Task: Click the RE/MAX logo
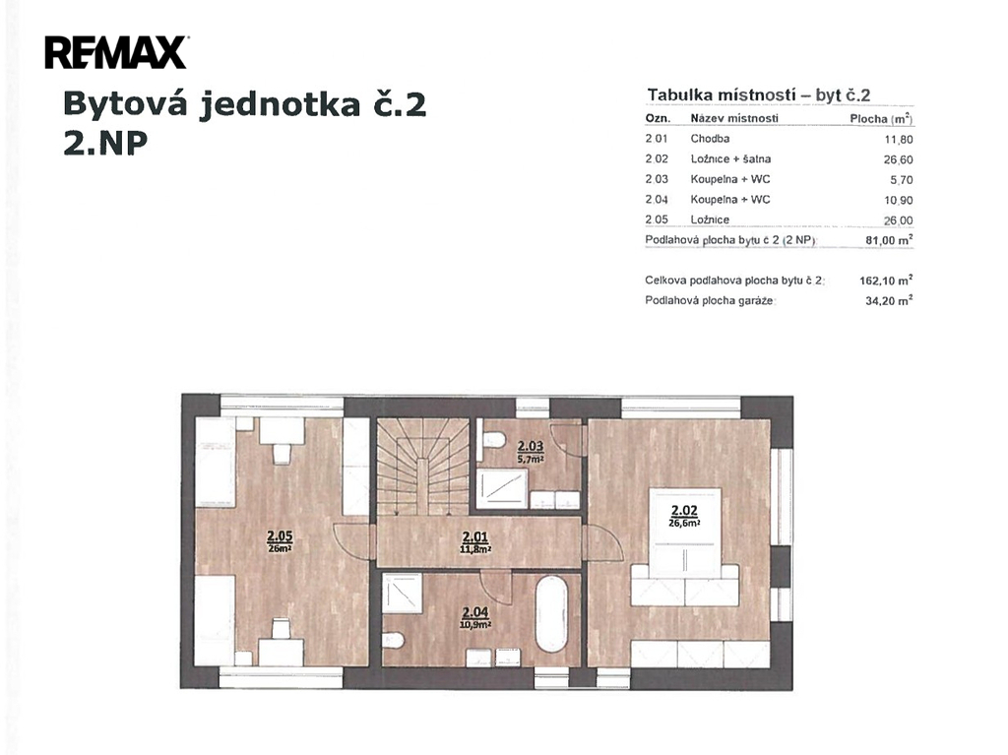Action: pos(116,53)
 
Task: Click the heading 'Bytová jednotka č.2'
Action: pos(245,104)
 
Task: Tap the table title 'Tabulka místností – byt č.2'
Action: pos(759,95)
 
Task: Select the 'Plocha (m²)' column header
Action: pos(881,119)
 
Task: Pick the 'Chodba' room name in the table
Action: pos(710,138)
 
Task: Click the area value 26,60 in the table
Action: pos(898,159)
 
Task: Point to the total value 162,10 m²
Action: pos(886,281)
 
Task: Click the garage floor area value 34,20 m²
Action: pos(889,300)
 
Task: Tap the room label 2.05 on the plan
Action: pos(280,535)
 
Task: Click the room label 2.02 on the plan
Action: pos(684,511)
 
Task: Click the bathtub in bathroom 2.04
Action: pos(551,615)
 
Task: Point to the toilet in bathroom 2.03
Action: pos(494,441)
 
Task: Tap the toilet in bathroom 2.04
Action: pos(393,641)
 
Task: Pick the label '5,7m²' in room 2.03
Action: pos(531,459)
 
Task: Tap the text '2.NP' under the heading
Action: pos(105,144)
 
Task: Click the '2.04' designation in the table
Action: pos(657,200)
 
